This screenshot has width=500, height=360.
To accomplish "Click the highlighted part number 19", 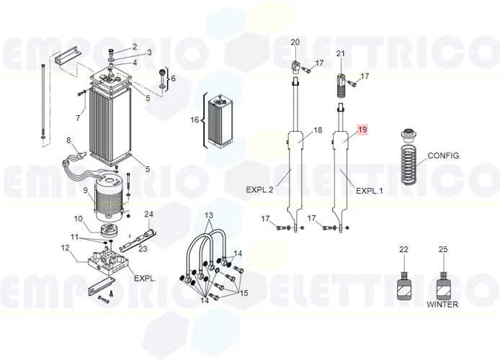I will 362,130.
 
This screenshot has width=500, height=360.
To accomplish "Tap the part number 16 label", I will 195,120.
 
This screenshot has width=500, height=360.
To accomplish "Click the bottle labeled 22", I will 404,285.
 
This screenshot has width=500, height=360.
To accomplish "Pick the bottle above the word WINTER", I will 443,285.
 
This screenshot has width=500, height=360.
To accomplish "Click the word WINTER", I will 442,305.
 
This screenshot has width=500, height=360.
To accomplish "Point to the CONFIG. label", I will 444,156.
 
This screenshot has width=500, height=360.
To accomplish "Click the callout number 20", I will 294,42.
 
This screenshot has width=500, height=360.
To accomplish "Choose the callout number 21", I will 341,54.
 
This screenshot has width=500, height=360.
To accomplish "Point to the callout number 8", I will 68,140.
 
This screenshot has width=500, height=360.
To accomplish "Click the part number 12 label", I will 65,248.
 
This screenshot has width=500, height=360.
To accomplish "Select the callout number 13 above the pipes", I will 209,216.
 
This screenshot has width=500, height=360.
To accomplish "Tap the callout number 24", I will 149,214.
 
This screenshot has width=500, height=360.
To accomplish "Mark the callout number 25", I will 443,249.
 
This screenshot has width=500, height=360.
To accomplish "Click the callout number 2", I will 134,47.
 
